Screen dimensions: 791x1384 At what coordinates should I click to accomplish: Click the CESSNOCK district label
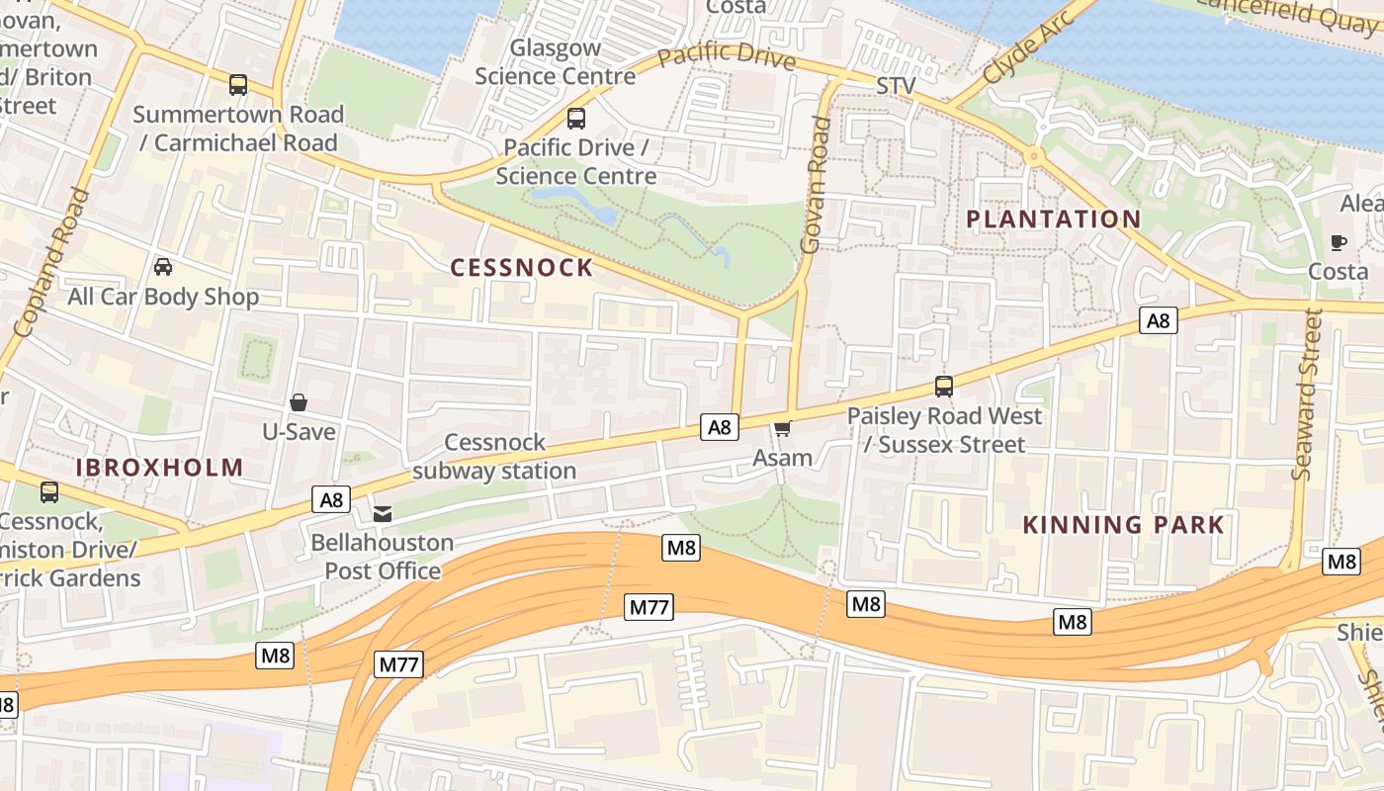tap(522, 267)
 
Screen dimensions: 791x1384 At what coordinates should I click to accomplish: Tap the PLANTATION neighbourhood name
tap(1053, 219)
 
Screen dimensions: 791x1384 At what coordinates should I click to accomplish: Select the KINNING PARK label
tap(1123, 524)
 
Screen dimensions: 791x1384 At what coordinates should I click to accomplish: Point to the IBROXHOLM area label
tap(160, 467)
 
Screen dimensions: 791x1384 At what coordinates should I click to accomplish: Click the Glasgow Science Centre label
tap(555, 62)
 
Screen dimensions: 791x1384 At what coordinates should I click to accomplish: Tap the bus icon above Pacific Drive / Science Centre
tap(576, 119)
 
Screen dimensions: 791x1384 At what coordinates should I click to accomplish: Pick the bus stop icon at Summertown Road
tap(238, 85)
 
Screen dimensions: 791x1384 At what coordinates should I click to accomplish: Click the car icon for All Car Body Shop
tap(163, 267)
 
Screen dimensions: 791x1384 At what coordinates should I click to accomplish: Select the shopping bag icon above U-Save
tap(299, 402)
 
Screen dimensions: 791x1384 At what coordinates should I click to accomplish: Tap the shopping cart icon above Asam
tap(783, 428)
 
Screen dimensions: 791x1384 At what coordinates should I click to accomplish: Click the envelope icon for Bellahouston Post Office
tap(383, 513)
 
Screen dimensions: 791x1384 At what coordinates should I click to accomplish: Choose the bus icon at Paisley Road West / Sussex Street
tap(944, 387)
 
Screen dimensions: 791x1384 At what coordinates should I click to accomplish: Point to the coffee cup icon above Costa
tap(1339, 242)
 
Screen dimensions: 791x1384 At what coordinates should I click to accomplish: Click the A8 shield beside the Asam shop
tap(720, 427)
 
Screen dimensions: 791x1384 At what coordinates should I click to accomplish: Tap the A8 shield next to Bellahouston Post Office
tap(331, 499)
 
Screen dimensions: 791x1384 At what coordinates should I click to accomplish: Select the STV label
tap(897, 87)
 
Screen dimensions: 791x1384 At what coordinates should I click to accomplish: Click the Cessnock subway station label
tap(494, 457)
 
